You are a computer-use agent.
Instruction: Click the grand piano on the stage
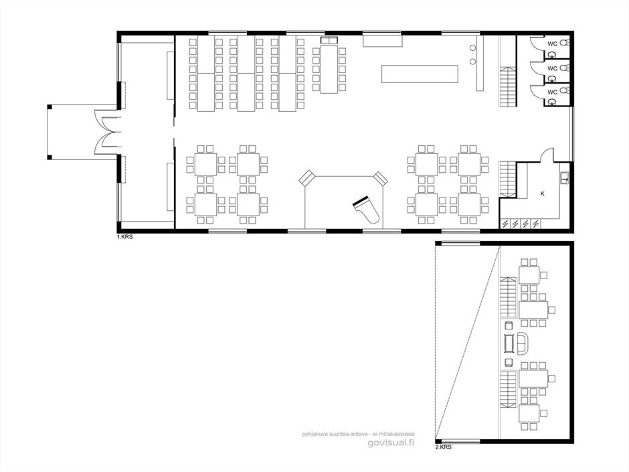365,210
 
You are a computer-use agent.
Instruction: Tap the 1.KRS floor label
124,237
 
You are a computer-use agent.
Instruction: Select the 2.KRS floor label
443,447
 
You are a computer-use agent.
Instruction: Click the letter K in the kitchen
543,193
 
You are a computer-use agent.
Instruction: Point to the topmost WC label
552,44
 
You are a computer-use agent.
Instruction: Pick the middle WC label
552,69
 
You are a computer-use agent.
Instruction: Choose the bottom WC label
552,92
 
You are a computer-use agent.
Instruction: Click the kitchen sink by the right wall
564,177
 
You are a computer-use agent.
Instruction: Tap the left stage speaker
308,178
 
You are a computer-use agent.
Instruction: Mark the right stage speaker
380,178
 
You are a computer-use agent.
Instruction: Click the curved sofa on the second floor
523,344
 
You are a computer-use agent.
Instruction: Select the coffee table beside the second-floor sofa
509,343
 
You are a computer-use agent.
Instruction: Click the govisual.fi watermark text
391,443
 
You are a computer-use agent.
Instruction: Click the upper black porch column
50,106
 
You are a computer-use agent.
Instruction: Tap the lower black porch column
50,157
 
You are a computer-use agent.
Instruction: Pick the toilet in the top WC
564,42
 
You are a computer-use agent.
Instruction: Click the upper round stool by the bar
473,48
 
